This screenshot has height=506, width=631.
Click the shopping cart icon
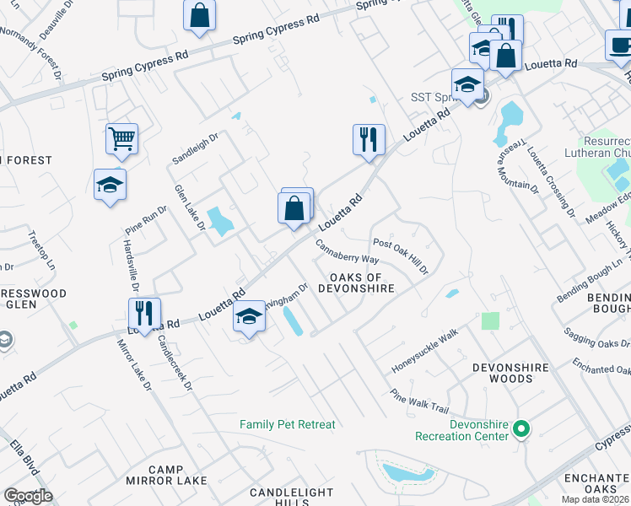[x=121, y=138]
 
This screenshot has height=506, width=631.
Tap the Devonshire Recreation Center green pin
[x=521, y=430]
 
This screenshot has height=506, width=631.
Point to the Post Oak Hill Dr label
[x=401, y=256]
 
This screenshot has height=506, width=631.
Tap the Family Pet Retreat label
[x=287, y=425]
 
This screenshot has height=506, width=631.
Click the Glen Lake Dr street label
[x=190, y=208]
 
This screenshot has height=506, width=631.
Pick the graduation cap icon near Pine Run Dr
[x=110, y=185]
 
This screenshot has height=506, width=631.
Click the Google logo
[x=28, y=496]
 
